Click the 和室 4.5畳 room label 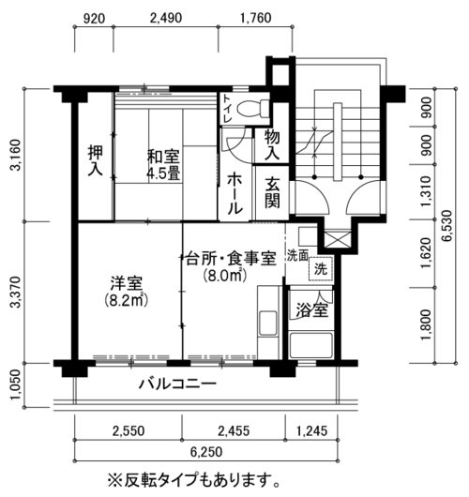click(x=163, y=164)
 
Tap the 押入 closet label click(x=96, y=160)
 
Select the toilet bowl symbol click(x=252, y=108)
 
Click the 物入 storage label click(x=272, y=144)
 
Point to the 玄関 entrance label click(x=272, y=192)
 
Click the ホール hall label click(x=235, y=193)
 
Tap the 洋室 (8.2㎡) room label click(x=126, y=292)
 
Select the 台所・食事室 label click(x=231, y=258)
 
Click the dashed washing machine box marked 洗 click(x=321, y=269)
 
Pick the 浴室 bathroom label click(x=311, y=310)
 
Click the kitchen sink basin click(x=268, y=323)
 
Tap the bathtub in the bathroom click(x=311, y=345)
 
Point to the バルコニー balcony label click(x=177, y=384)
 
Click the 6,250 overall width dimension click(x=206, y=451)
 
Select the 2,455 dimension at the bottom click(x=234, y=431)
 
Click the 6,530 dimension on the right click(x=447, y=226)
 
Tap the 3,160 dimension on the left click(x=16, y=155)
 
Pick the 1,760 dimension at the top click(x=255, y=18)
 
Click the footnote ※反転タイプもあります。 click(x=194, y=481)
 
